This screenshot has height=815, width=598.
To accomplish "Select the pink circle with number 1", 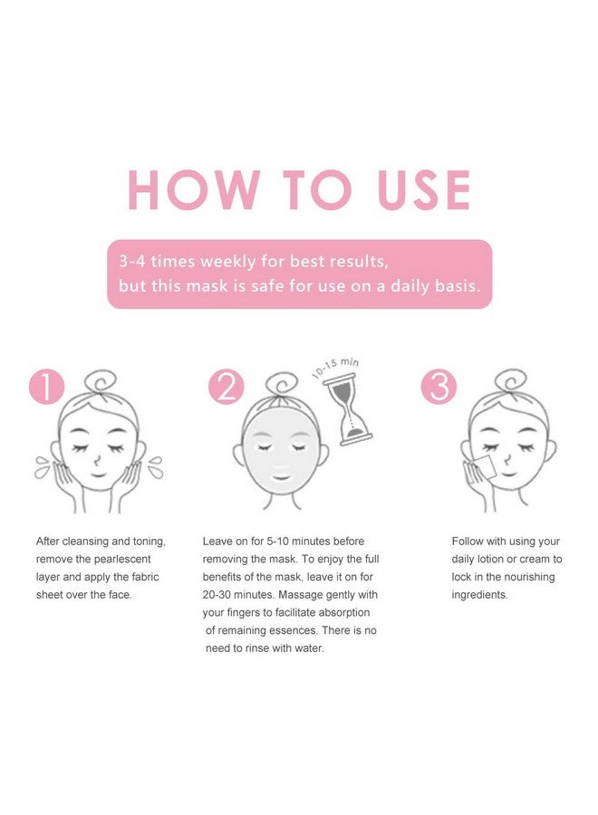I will tap(47, 387).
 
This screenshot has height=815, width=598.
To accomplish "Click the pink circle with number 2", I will tap(226, 387).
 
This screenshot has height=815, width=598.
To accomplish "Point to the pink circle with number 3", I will tap(439, 387).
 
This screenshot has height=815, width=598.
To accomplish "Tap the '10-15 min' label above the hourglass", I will tap(334, 368).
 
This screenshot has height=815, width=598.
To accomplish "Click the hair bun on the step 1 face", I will tap(99, 380).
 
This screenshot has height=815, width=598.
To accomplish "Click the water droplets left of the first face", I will tap(42, 468).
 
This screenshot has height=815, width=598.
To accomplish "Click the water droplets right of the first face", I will tap(156, 468).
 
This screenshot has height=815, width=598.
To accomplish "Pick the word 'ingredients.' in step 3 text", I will tap(480, 595).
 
